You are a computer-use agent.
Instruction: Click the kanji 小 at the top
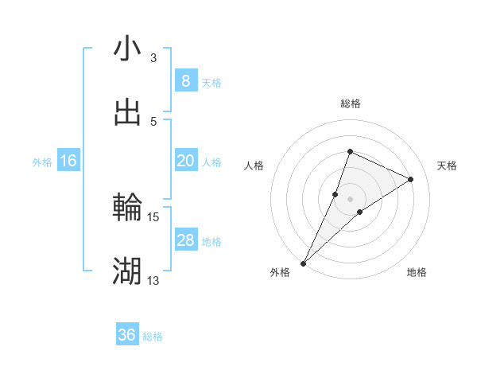tap(127, 49)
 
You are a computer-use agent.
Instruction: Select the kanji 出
tap(127, 113)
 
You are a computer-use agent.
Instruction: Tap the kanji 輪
tap(127, 208)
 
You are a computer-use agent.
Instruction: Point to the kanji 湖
tap(127, 272)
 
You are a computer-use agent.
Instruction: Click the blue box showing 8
tap(185, 81)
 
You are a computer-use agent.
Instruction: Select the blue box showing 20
tap(185, 161)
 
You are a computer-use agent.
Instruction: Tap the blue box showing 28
tap(185, 240)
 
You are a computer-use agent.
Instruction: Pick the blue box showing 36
tap(127, 335)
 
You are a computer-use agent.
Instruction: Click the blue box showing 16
tap(68, 161)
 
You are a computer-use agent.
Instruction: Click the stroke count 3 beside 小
tap(153, 57)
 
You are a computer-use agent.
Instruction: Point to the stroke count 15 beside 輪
tap(153, 216)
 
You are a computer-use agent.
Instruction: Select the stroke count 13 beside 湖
tap(153, 280)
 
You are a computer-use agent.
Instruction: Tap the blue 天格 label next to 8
tap(211, 83)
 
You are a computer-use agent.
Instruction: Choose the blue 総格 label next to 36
tap(153, 337)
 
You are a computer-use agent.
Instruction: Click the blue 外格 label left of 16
tap(42, 162)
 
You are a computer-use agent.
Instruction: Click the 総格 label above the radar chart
tap(350, 103)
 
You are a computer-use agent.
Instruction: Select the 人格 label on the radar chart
tap(254, 166)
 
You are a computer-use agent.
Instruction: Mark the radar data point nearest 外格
tap(304, 263)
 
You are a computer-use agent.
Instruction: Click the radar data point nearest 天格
tap(411, 179)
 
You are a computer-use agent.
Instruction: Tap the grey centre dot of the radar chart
tap(350, 198)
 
